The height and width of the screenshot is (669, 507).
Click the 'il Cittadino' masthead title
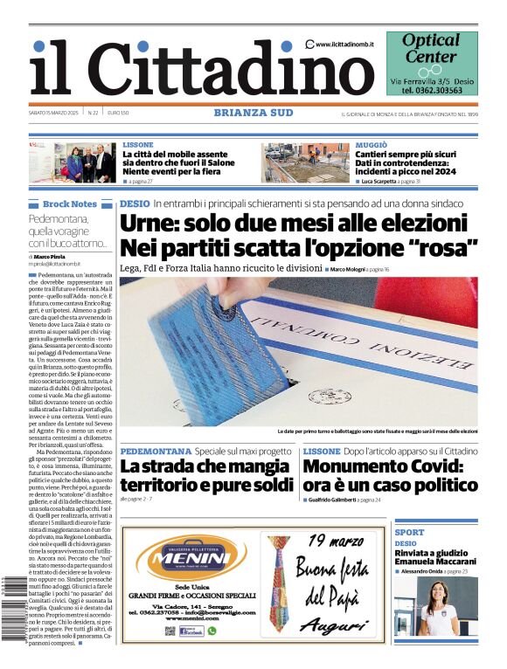(x=189, y=69)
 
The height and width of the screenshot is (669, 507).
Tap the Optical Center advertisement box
(x=432, y=63)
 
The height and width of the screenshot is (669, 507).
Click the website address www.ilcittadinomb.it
(x=347, y=44)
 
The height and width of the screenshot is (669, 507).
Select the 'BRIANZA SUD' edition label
(x=253, y=113)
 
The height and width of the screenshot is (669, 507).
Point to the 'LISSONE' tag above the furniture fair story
(x=138, y=145)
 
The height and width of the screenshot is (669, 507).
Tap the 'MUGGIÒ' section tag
(x=372, y=145)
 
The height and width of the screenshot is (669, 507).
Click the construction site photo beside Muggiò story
(x=307, y=162)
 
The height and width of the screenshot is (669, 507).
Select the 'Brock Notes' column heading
(x=70, y=204)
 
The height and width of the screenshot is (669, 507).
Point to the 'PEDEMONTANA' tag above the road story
(x=156, y=452)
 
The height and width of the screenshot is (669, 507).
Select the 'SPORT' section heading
(x=409, y=532)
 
